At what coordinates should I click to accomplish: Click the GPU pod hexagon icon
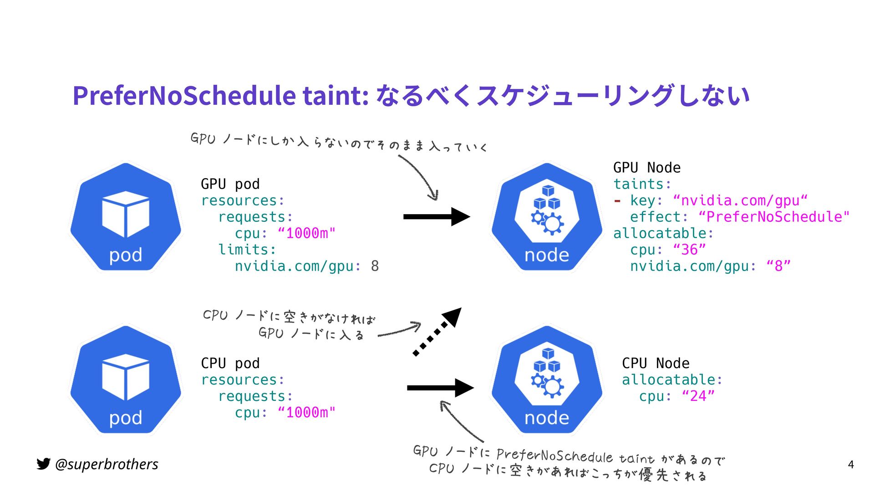126,217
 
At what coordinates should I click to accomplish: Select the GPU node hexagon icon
547,217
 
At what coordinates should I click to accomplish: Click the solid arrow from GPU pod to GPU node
436,217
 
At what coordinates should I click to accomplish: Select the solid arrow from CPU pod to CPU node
440,388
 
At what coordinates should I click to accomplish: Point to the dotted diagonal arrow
436,332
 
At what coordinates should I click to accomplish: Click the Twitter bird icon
43,464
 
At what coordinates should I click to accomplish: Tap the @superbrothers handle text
107,464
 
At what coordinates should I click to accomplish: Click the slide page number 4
851,465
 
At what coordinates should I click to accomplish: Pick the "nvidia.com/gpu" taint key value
740,200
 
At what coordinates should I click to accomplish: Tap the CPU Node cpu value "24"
698,396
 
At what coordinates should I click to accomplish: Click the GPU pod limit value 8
375,266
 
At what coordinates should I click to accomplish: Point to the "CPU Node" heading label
655,363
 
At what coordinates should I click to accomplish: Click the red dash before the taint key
617,200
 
